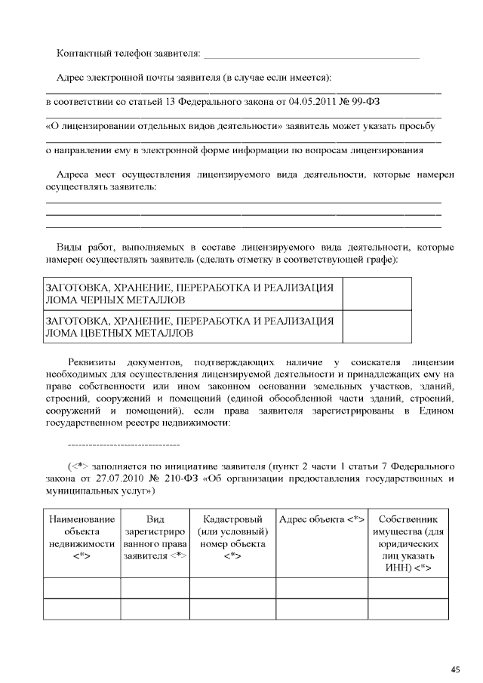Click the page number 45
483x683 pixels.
tap(455, 669)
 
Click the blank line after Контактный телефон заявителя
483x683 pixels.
tap(311, 57)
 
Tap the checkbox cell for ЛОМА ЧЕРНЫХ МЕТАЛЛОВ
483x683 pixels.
tap(377, 294)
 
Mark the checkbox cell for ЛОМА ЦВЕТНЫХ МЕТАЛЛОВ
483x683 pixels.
tap(377, 326)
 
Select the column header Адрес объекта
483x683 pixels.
tap(322, 519)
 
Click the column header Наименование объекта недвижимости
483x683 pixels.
tap(82, 537)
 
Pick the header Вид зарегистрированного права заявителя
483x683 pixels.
tap(155, 537)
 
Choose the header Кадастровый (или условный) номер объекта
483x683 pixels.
tap(232, 537)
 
